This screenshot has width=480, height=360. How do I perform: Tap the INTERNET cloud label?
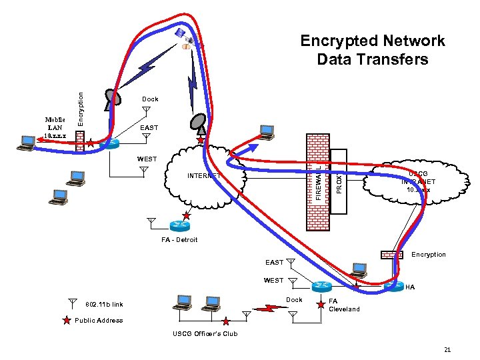(204, 176)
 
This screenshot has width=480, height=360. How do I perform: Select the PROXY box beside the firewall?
(339, 181)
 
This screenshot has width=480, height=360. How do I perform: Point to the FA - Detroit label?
(179, 240)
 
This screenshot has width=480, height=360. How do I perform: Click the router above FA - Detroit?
(178, 225)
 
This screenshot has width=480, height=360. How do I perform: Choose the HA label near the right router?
(410, 287)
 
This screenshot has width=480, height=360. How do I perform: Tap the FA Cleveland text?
(344, 305)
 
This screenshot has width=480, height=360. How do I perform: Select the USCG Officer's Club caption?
(205, 333)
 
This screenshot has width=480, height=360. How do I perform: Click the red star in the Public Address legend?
(65, 321)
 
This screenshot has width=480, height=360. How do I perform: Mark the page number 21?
(447, 349)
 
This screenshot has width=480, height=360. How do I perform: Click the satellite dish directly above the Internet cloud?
(199, 123)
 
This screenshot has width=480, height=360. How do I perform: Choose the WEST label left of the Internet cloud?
(147, 159)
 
